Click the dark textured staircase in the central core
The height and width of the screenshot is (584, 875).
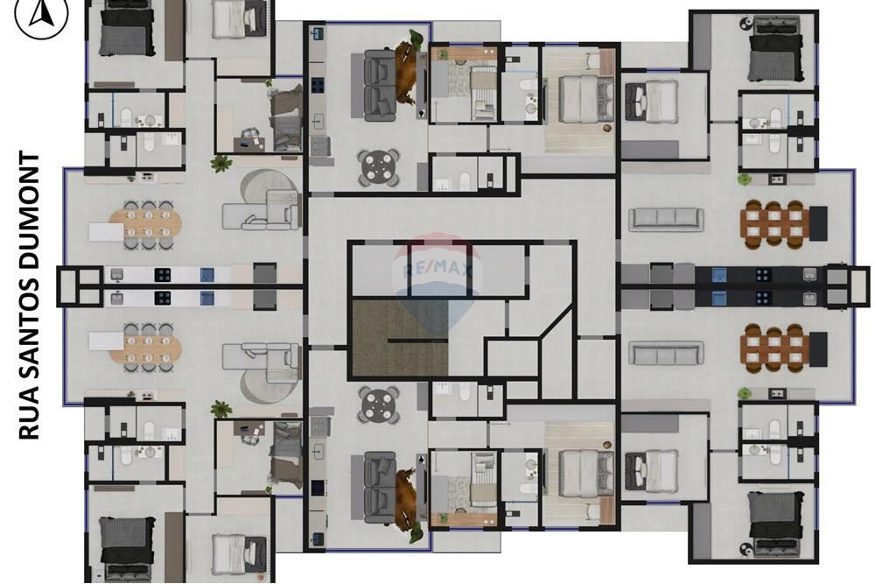[399, 338]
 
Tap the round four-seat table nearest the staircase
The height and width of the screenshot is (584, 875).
[379, 405]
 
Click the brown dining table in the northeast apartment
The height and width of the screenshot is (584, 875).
[772, 221]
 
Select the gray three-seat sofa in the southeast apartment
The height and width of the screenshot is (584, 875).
[668, 354]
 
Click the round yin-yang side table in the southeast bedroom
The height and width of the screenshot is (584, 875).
[745, 548]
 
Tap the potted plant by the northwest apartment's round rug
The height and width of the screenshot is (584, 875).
[220, 162]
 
